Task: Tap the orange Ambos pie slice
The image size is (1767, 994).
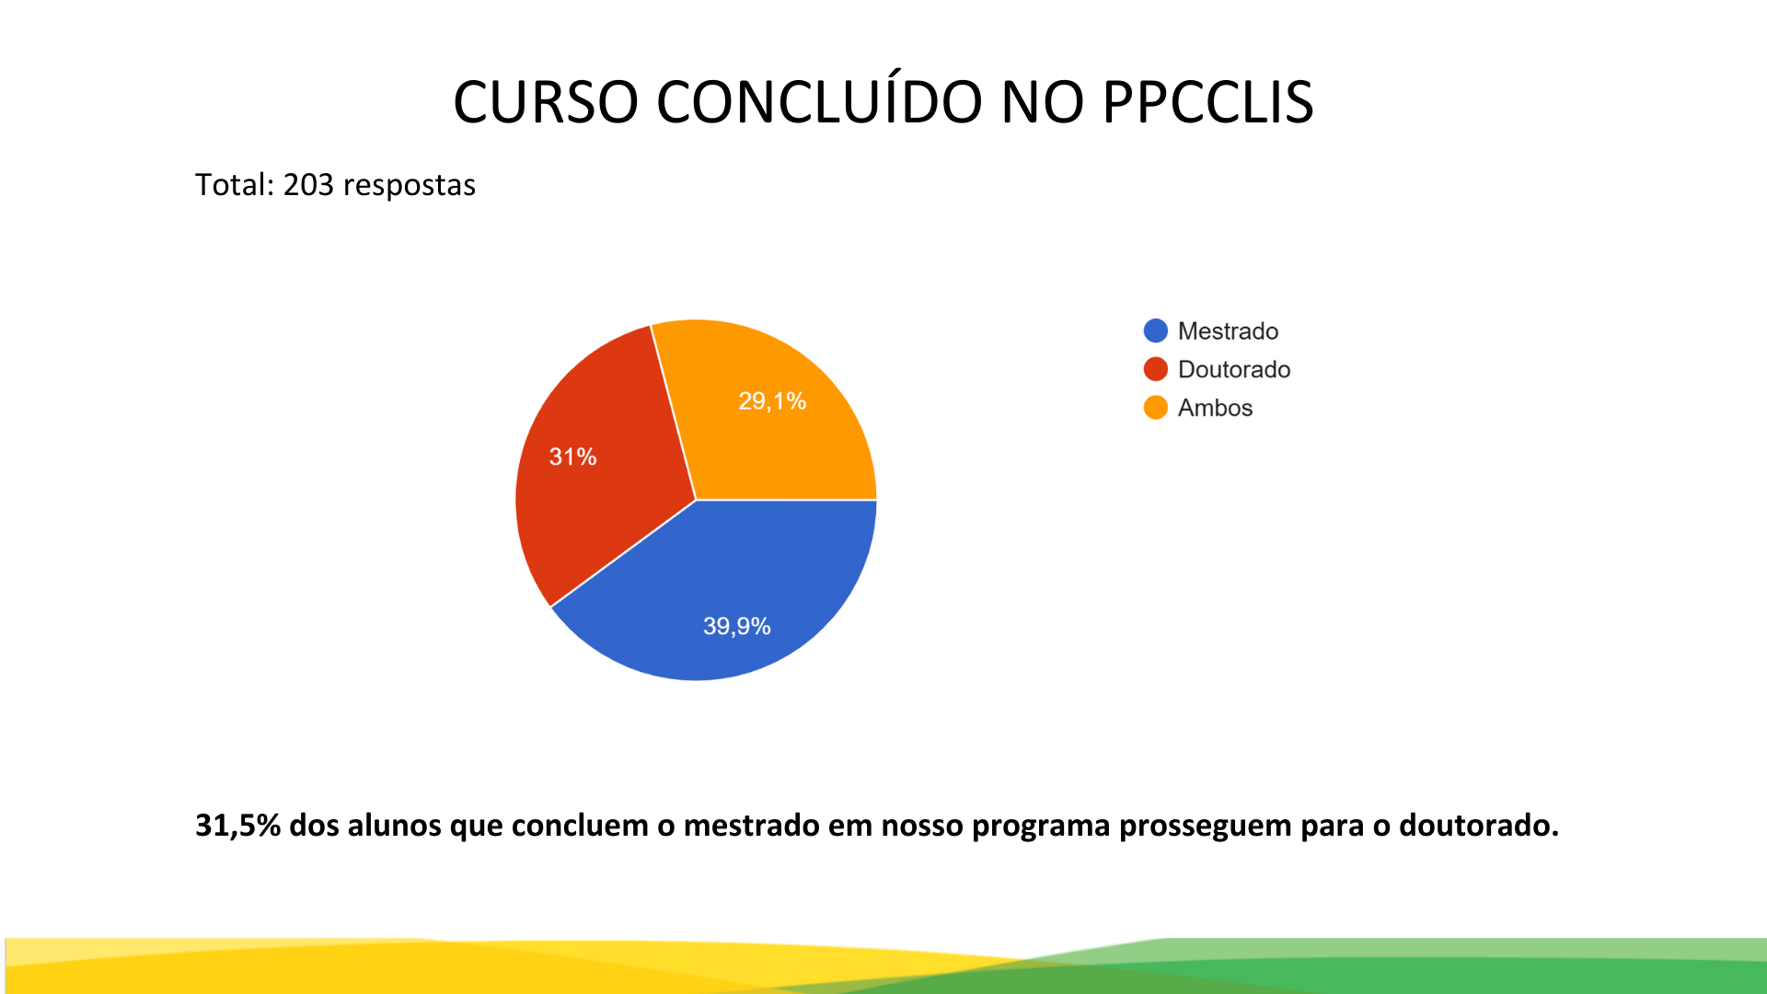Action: coord(773,423)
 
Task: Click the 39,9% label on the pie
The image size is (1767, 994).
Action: coord(736,627)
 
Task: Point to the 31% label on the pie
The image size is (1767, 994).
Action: coord(572,457)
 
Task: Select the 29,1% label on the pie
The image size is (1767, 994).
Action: coord(772,401)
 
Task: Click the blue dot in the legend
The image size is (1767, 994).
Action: coord(1155,330)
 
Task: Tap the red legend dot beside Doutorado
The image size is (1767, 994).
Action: coord(1155,369)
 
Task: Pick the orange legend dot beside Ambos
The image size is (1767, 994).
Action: coord(1155,408)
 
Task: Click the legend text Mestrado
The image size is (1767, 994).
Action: coord(1228,331)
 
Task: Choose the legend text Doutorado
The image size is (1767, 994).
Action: coord(1234,370)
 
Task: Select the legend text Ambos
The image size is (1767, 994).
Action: coord(1215,408)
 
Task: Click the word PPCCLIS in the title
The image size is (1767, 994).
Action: coord(1207,102)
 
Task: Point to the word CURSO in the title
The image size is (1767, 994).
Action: coord(546,102)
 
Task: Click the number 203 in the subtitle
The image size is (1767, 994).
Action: coord(308,185)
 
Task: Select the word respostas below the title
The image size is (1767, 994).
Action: coord(410,187)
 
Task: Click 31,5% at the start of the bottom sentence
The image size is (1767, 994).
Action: coord(237,826)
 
